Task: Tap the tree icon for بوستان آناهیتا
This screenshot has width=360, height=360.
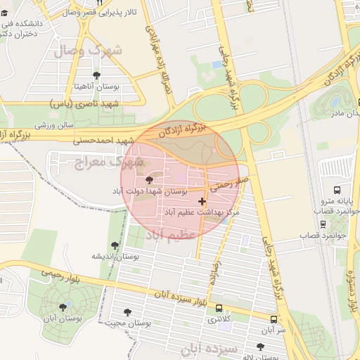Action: click(x=96, y=75)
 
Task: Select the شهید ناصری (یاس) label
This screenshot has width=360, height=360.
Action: click(x=84, y=103)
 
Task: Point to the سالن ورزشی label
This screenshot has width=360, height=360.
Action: click(x=56, y=124)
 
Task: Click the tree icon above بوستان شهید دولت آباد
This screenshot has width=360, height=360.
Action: click(x=148, y=180)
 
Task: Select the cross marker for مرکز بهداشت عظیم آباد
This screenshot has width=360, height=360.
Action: click(x=202, y=201)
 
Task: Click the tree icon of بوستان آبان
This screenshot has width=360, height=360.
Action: click(x=63, y=307)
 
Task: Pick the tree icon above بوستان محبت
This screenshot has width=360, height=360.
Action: click(x=127, y=312)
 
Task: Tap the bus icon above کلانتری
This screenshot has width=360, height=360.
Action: click(x=219, y=308)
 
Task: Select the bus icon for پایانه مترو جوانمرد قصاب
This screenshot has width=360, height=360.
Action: click(x=337, y=190)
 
